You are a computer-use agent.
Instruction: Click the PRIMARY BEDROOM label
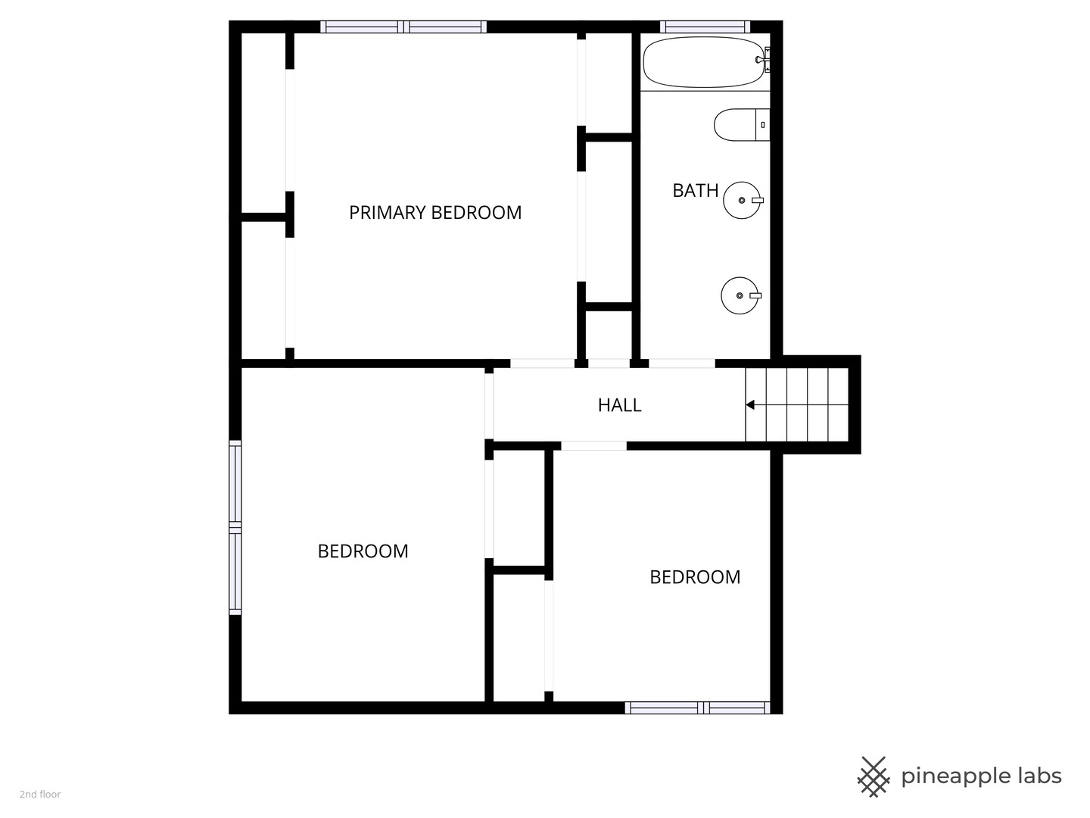[435, 213]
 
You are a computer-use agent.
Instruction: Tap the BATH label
[695, 190]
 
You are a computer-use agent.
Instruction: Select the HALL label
[619, 405]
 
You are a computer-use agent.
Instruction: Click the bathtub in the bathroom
[704, 63]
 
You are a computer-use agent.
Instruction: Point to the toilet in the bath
[742, 125]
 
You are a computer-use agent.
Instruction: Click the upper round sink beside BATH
[743, 200]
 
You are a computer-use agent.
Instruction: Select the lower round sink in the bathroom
[740, 295]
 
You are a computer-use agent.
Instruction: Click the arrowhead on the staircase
[750, 405]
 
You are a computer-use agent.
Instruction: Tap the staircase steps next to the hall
[797, 404]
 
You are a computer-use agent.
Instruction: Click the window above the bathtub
[705, 27]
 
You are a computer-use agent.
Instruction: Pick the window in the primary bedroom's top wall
[403, 27]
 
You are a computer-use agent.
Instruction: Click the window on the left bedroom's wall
[235, 527]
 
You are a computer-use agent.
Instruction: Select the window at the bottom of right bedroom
[697, 707]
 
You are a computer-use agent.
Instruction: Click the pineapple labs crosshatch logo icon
[874, 777]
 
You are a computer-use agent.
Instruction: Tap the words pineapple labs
[981, 777]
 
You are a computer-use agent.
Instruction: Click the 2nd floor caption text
[40, 795]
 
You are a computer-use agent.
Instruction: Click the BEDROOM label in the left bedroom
[363, 551]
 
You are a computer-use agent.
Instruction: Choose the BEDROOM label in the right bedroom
[695, 577]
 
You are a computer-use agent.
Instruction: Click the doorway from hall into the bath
[682, 364]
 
